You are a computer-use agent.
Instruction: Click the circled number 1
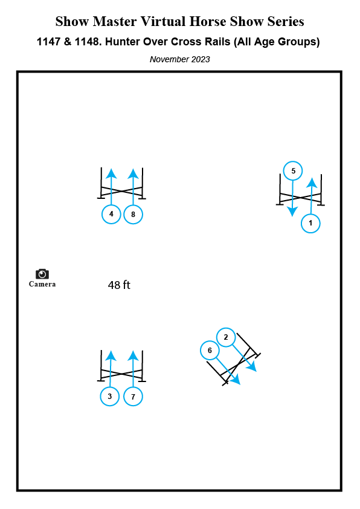coord(310,223)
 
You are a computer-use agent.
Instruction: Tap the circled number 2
coord(226,337)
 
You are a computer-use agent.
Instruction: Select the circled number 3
coord(110,397)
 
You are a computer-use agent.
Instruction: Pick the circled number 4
coord(111,214)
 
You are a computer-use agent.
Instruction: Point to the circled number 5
coord(293,170)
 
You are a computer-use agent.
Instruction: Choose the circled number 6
coord(210,351)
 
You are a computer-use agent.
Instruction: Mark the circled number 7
coord(133,397)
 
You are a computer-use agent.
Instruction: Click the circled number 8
coord(133,214)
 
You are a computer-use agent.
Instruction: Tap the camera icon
coord(42,274)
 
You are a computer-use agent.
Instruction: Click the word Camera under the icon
coord(42,284)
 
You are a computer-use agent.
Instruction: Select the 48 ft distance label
coord(119,285)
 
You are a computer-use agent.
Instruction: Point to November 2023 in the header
coord(179,59)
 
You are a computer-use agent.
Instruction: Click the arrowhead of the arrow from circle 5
coord(292,212)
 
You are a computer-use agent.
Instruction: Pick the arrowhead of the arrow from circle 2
coord(252,367)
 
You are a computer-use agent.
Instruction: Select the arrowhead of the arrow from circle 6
coord(235,380)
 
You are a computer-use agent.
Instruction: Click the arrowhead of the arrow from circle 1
coord(312,183)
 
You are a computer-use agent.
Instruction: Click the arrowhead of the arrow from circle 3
coord(111,356)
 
